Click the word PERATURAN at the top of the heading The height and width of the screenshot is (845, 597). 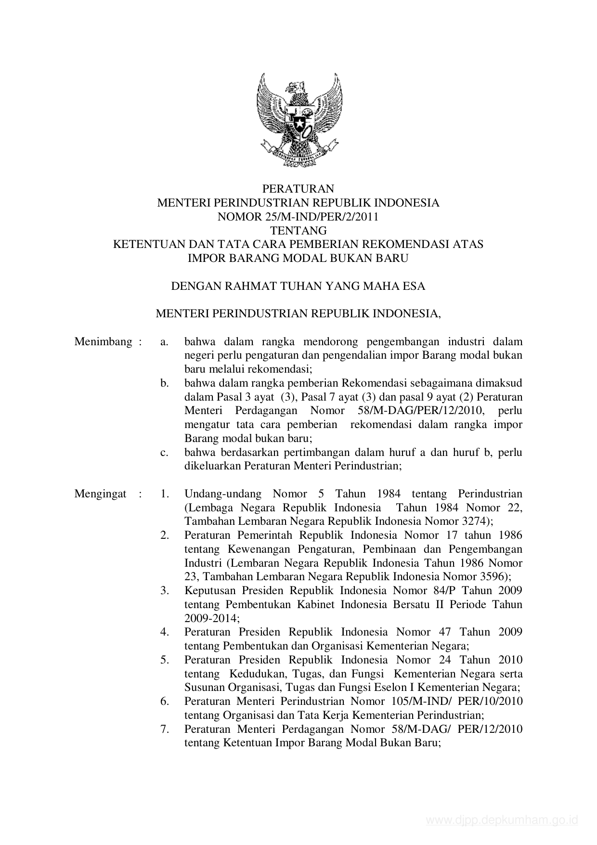(x=298, y=188)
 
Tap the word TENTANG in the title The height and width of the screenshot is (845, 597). (x=298, y=231)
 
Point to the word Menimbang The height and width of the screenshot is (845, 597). (x=103, y=342)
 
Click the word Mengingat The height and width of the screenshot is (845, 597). (x=101, y=494)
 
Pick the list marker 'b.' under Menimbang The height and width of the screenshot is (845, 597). (x=165, y=383)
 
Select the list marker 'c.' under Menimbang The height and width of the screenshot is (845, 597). (x=165, y=453)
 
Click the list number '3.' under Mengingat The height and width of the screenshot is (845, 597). (x=165, y=591)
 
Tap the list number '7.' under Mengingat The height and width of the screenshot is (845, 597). (x=165, y=729)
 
